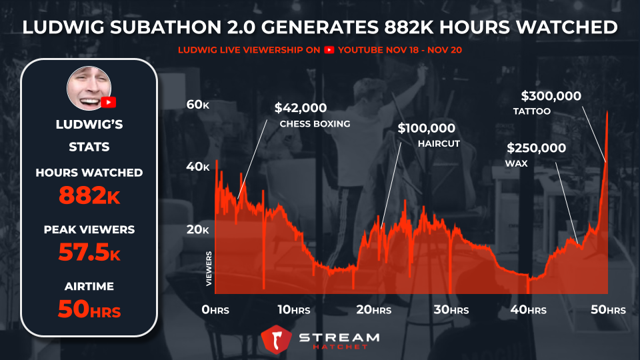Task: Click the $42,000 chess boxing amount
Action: (x=301, y=108)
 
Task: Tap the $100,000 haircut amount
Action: (x=426, y=128)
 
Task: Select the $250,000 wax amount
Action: (x=536, y=148)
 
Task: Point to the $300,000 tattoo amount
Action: (x=551, y=96)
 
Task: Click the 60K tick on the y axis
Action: (x=197, y=105)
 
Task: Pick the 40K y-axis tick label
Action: (x=197, y=167)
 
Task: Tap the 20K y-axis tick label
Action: (x=197, y=229)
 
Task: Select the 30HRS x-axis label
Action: (x=451, y=310)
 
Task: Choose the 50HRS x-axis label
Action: (x=608, y=310)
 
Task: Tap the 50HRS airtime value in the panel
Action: (x=89, y=309)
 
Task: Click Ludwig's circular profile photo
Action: (x=89, y=88)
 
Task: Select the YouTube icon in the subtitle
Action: (x=329, y=50)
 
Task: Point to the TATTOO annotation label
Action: (x=531, y=111)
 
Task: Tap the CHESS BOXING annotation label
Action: (x=315, y=123)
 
